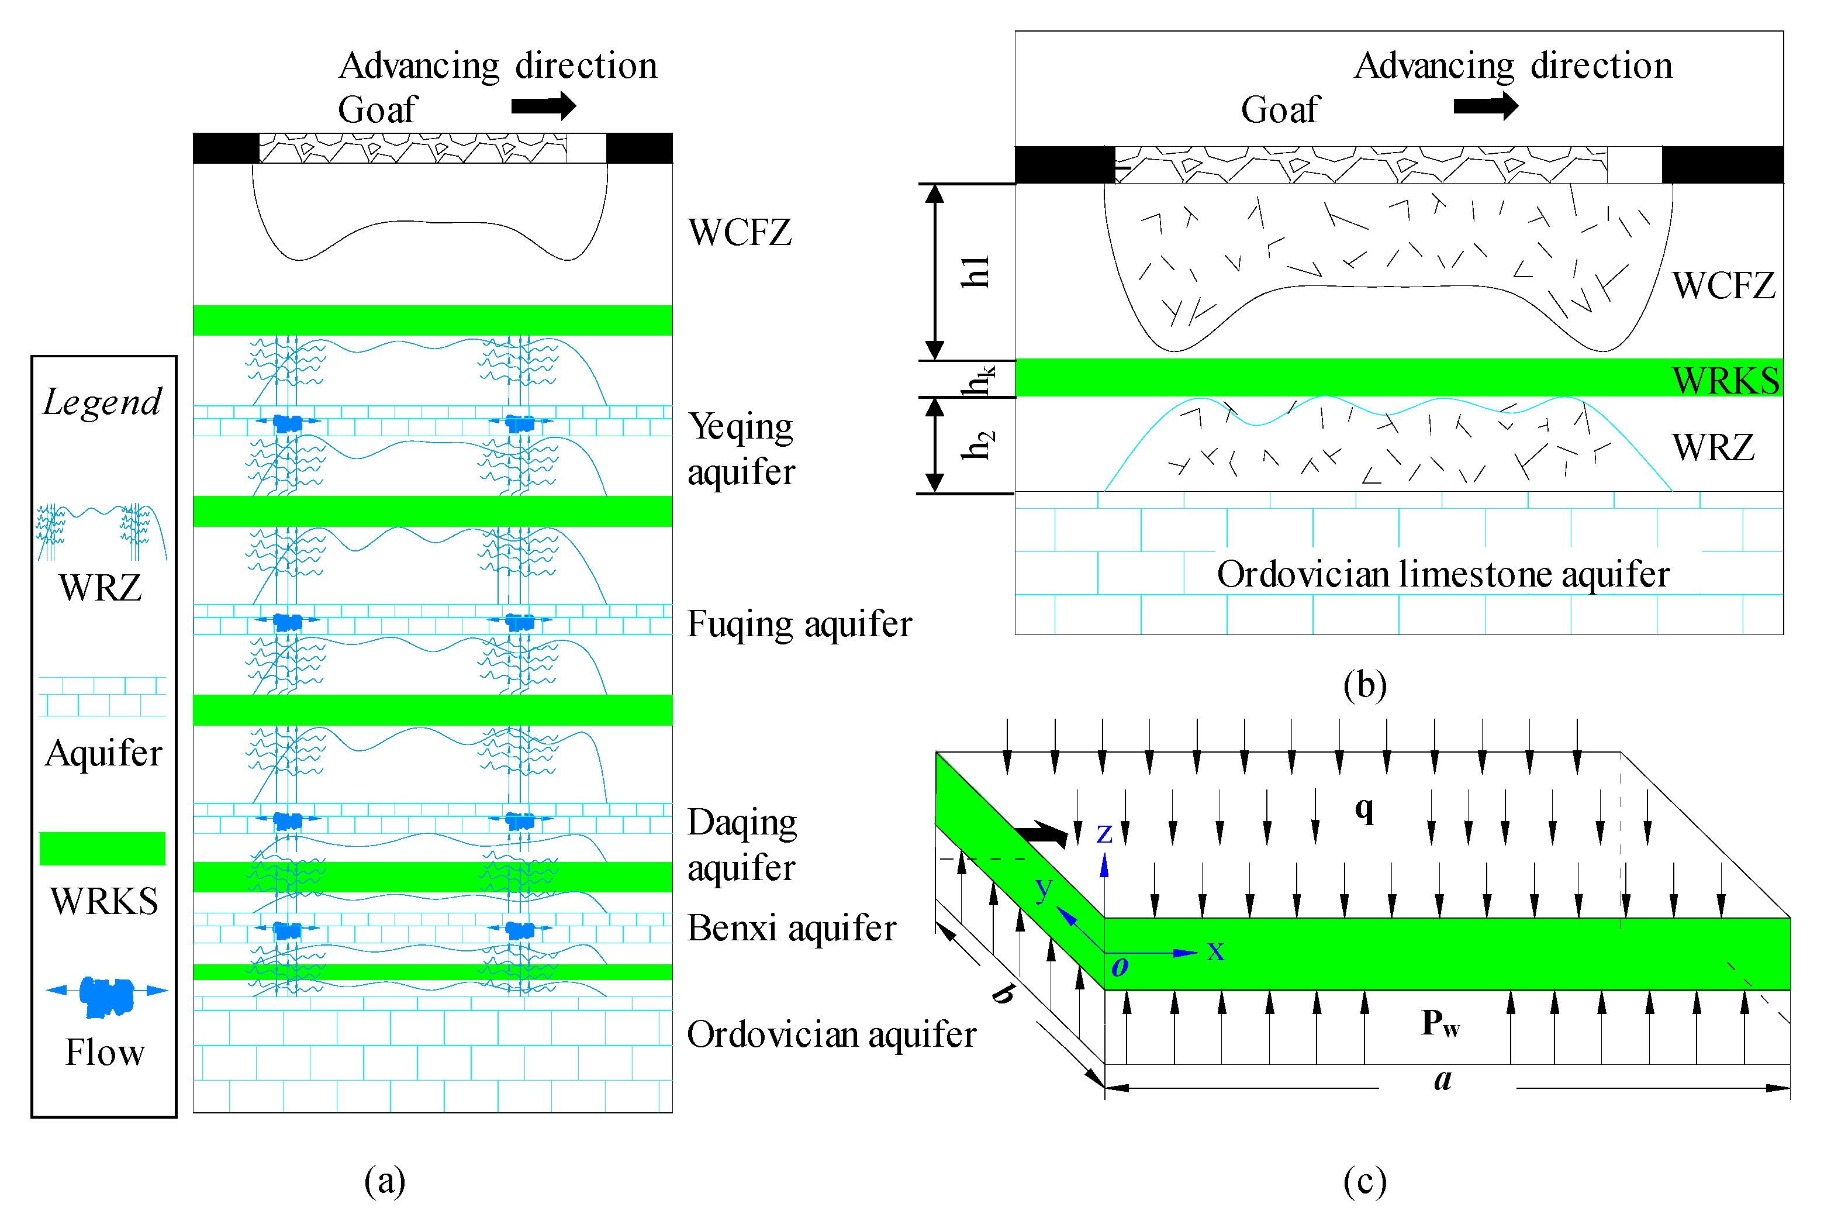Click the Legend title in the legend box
tap(102, 402)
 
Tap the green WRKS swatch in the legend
tap(102, 849)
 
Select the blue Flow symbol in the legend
tap(106, 996)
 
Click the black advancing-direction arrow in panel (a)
tap(543, 106)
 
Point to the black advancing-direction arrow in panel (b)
tap(1486, 106)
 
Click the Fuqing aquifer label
tap(799, 625)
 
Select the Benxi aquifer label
tap(792, 928)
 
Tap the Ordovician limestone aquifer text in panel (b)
tap(1443, 575)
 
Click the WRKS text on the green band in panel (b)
tap(1725, 380)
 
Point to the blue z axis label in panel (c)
tap(1104, 834)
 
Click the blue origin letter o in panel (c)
tap(1120, 967)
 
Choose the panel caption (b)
tap(1364, 685)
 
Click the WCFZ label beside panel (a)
tap(740, 232)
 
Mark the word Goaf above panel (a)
tap(378, 110)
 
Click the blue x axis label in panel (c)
tap(1215, 951)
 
